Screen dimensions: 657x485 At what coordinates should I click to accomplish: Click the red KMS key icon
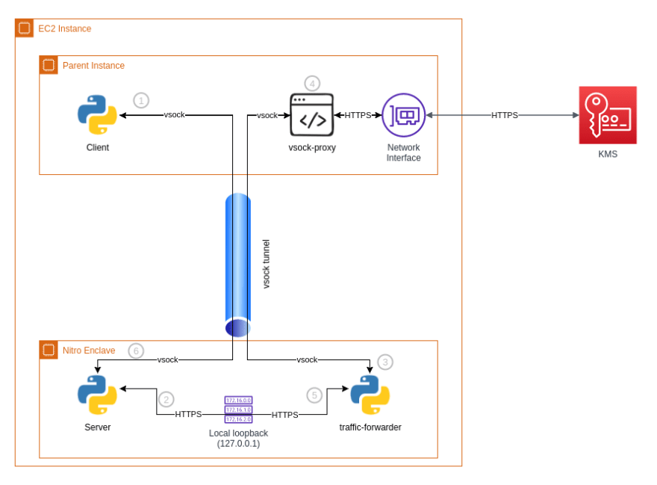click(x=608, y=115)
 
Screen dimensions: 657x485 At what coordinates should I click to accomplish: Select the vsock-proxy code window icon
click(x=312, y=115)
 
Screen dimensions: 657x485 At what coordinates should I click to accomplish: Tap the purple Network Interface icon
click(x=403, y=115)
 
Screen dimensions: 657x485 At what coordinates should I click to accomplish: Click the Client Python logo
click(x=97, y=115)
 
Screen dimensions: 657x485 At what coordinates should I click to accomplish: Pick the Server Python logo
click(x=97, y=395)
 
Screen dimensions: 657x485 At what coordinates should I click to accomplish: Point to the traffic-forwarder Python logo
click(x=370, y=395)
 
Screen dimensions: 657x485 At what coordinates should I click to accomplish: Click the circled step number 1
click(x=141, y=101)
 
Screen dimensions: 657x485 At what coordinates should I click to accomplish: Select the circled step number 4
click(x=312, y=84)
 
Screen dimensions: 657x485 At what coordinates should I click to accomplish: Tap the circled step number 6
click(x=136, y=350)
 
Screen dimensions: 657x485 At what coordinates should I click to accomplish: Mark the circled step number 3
click(x=385, y=362)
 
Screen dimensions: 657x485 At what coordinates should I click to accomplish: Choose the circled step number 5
click(x=314, y=395)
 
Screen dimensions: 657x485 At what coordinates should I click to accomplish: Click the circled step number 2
click(x=166, y=399)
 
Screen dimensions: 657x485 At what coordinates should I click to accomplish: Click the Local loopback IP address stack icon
click(x=238, y=410)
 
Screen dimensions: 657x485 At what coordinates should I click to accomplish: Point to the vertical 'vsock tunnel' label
click(x=266, y=264)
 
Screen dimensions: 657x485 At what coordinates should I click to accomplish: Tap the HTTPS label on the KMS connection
click(x=505, y=115)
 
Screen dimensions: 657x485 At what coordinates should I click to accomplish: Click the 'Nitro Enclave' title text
click(x=89, y=350)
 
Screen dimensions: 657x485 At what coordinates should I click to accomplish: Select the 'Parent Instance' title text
click(x=93, y=66)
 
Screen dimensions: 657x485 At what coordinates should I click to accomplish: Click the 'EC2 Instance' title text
click(x=64, y=28)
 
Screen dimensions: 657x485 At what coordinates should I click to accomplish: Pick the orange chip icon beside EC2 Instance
click(x=25, y=28)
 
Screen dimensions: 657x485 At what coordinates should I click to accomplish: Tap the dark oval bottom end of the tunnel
click(x=237, y=328)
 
